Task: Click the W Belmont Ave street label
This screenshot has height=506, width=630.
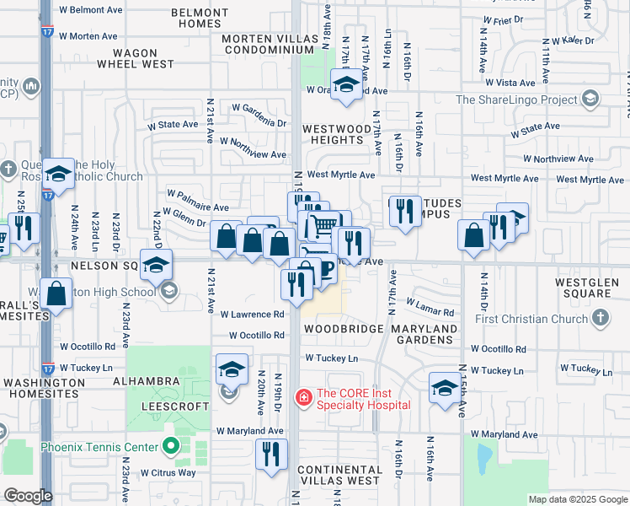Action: (90, 10)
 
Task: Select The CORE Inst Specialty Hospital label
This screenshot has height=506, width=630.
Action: (363, 399)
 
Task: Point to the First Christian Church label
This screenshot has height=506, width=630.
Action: (538, 319)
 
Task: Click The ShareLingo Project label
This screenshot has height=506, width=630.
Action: (517, 100)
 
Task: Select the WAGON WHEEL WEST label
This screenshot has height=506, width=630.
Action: (135, 57)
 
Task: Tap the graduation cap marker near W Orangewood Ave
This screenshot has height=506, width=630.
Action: (344, 84)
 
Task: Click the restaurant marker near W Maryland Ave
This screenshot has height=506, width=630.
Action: (271, 454)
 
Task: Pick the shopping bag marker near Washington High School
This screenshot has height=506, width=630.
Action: (56, 294)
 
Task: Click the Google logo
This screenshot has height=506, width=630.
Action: (27, 496)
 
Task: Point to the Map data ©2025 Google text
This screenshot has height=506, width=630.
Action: (577, 499)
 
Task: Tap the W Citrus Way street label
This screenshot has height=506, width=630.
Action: (168, 472)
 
